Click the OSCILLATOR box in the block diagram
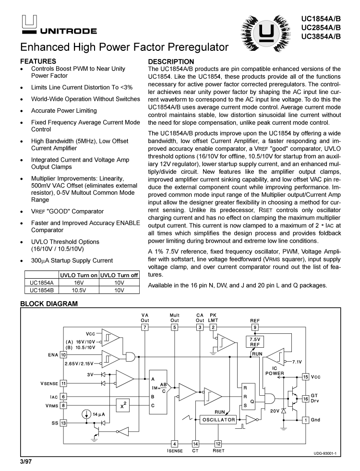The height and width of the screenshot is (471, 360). click(219, 420)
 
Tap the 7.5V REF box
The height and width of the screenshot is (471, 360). click(254, 342)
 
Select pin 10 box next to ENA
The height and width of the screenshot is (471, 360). click(63, 355)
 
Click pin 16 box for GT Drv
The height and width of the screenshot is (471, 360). click(305, 399)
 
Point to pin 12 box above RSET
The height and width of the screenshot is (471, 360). click(218, 444)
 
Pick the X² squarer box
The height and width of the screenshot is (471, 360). click(124, 405)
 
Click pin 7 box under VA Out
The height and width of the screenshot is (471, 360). click(144, 327)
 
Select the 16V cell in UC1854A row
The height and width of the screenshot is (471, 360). click(78, 283)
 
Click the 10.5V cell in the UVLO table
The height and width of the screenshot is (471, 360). click(78, 290)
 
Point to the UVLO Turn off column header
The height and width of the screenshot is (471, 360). click(120, 276)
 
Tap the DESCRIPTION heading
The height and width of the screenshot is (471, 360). click(171, 61)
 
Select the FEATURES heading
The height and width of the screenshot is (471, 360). click(38, 61)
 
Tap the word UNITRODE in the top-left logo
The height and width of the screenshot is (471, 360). click(68, 31)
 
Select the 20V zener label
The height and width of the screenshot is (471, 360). click(275, 411)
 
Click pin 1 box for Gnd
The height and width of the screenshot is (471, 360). click(305, 420)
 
